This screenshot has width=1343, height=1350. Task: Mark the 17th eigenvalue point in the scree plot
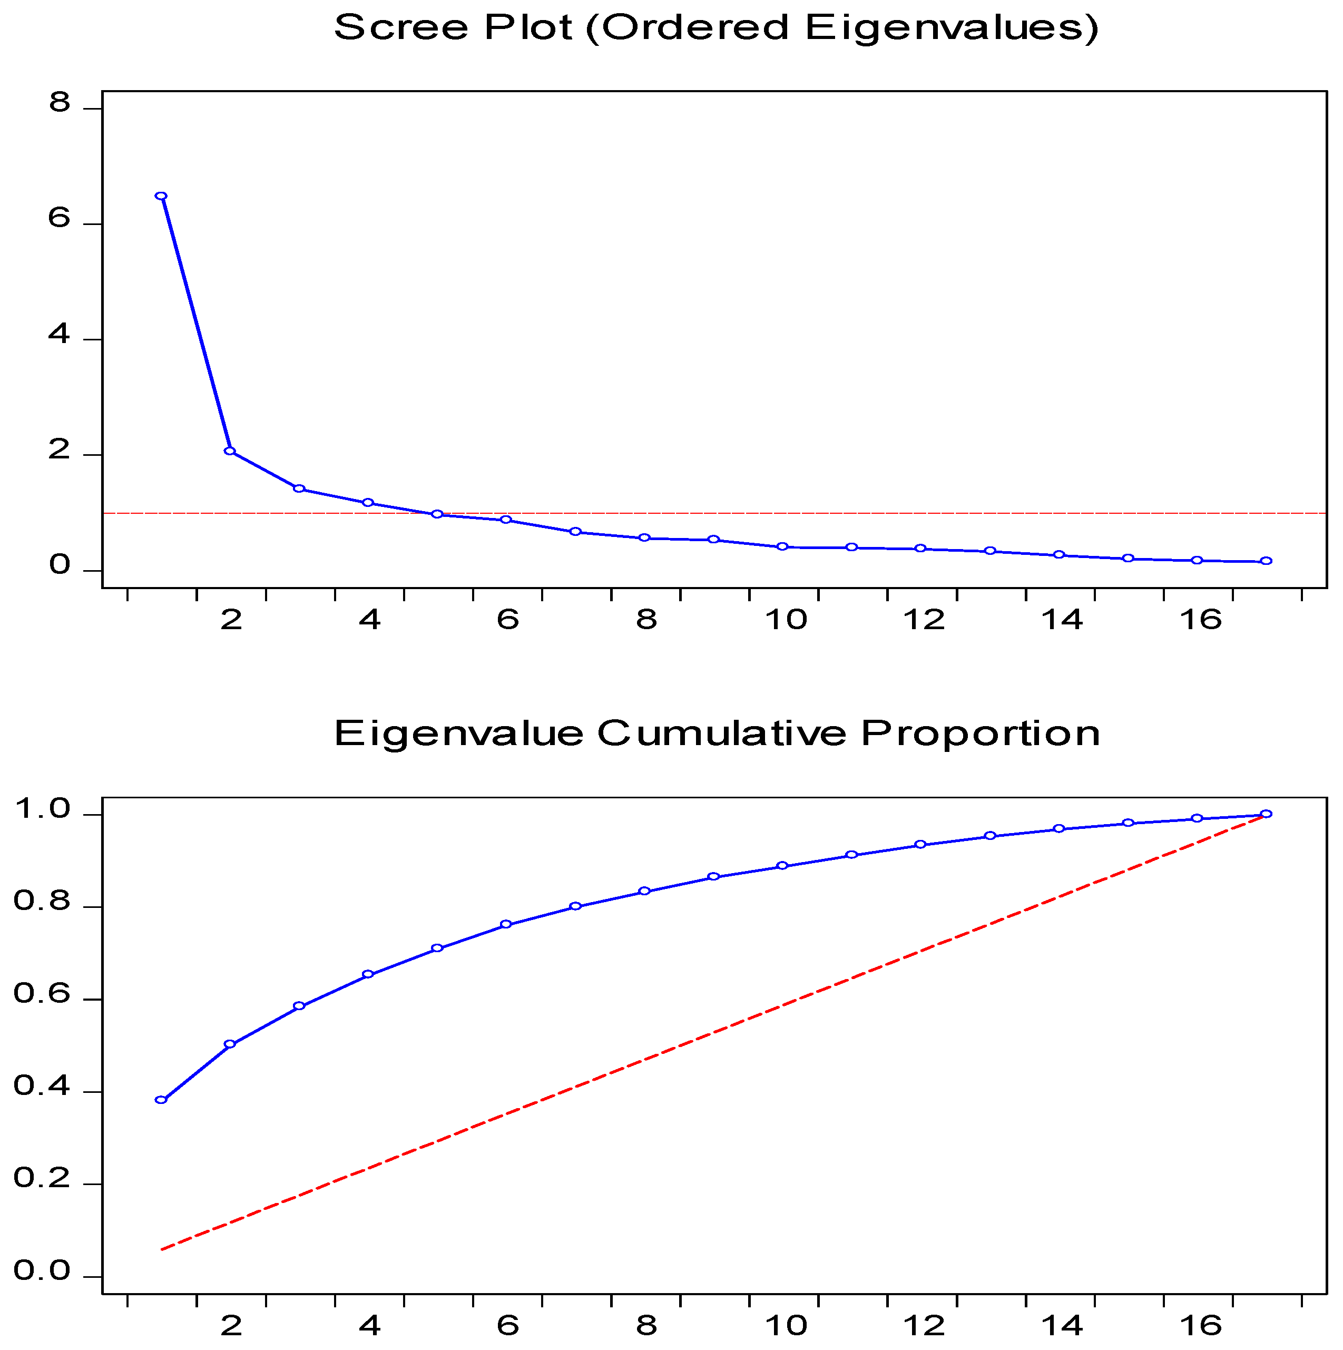[1266, 561]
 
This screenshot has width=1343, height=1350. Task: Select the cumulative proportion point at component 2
[230, 1044]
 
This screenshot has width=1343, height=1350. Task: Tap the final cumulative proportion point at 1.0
[1266, 814]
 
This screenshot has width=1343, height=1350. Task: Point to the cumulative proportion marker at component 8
[644, 892]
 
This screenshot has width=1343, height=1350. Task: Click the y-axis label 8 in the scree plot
[60, 103]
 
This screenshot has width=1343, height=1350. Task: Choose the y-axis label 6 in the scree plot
[60, 219]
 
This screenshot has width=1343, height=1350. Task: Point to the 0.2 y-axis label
[42, 1179]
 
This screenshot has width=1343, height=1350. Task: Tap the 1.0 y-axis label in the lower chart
[42, 810]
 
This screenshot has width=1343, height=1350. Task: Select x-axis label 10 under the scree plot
[786, 620]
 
